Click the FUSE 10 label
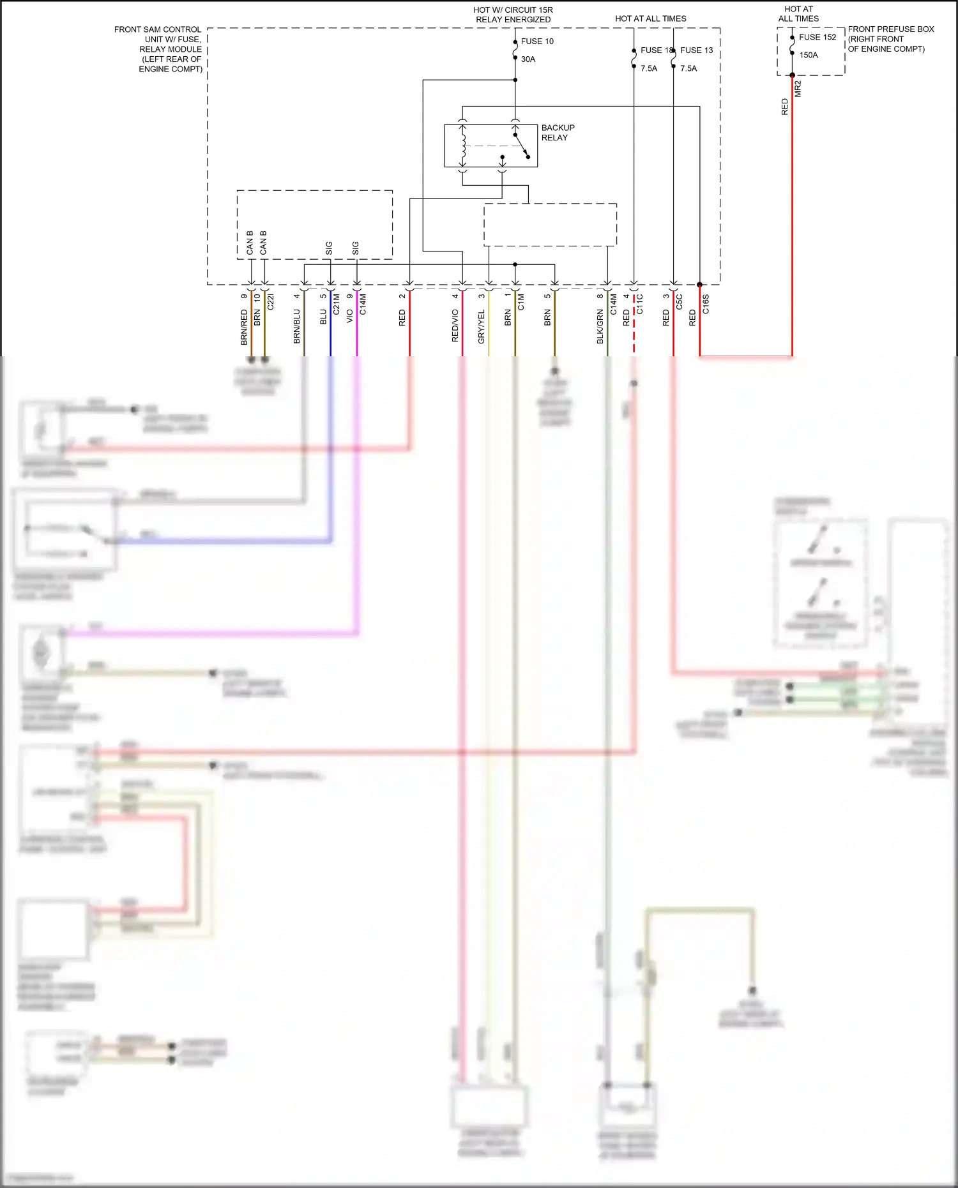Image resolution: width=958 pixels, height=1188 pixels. point(537,41)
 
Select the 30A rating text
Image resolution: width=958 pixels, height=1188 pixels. point(528,59)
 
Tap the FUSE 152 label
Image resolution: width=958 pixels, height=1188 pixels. point(817,37)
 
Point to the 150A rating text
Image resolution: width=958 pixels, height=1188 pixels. point(809,55)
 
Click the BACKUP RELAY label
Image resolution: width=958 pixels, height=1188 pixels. point(558,133)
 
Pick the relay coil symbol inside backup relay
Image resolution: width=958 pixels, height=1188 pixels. point(463,146)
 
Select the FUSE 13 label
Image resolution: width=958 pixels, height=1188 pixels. point(697,50)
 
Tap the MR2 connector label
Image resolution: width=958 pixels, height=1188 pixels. point(798,89)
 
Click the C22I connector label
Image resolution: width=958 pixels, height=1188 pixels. point(270,302)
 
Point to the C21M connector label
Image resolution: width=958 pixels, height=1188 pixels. point(337,305)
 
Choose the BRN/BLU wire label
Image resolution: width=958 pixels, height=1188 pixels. point(297,326)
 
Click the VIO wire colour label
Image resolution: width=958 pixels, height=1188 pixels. point(350,316)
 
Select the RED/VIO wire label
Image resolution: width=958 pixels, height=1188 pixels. point(455,326)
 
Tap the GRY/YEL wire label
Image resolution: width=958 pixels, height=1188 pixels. point(482,326)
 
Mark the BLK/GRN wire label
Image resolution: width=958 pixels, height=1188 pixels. point(600,326)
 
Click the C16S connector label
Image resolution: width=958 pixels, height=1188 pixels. point(706,304)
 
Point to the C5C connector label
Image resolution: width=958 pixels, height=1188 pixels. point(680,301)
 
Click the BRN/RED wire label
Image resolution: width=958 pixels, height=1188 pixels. point(244,327)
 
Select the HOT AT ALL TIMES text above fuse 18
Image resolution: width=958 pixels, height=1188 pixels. point(650,19)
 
